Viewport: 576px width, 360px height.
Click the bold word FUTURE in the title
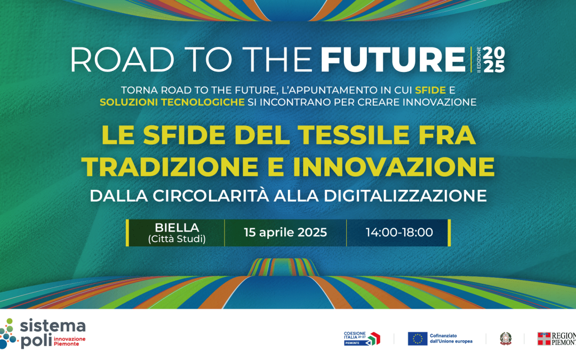tap(393, 60)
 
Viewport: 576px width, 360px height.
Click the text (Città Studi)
tap(177, 239)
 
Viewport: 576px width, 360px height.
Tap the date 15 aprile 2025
tap(285, 233)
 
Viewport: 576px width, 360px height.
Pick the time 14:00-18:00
tap(399, 233)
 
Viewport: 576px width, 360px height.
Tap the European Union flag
tap(418, 339)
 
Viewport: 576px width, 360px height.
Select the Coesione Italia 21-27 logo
tap(362, 339)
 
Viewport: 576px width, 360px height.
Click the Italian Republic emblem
tap(505, 339)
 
